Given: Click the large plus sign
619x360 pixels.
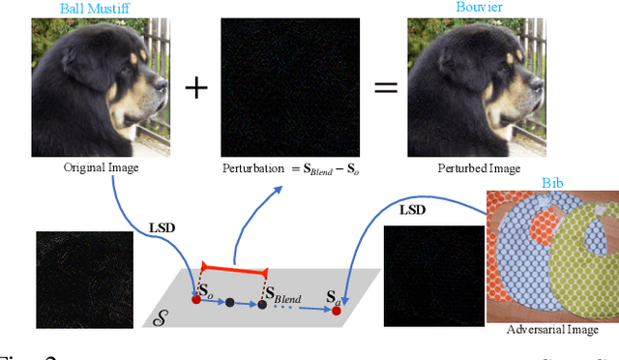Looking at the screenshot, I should click(196, 88).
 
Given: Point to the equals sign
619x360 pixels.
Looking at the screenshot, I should click(387, 88).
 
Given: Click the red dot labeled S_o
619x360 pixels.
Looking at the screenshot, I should click(195, 300).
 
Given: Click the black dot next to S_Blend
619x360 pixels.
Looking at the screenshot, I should click(262, 304).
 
